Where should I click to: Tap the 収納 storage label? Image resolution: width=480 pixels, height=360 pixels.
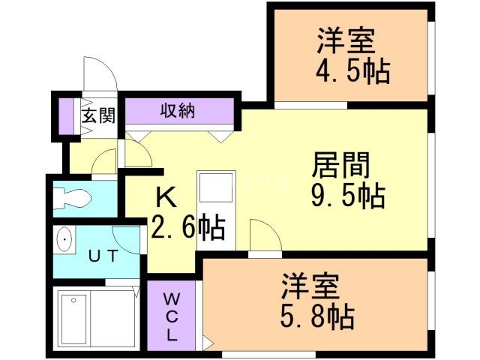pyautogui.click(x=178, y=112)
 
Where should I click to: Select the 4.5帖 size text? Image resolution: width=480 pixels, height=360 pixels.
pyautogui.click(x=352, y=71)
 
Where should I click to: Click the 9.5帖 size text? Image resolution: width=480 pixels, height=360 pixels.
pyautogui.click(x=348, y=196)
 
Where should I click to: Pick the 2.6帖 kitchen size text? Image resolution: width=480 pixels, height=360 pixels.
pyautogui.click(x=187, y=226)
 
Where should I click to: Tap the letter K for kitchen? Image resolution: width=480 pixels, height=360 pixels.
pyautogui.click(x=166, y=198)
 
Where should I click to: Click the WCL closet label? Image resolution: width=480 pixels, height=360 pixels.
pyautogui.click(x=172, y=315)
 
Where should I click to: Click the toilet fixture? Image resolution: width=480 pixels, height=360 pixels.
pyautogui.click(x=73, y=199)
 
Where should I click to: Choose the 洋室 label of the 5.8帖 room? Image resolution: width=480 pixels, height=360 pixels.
pyautogui.click(x=310, y=286)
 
